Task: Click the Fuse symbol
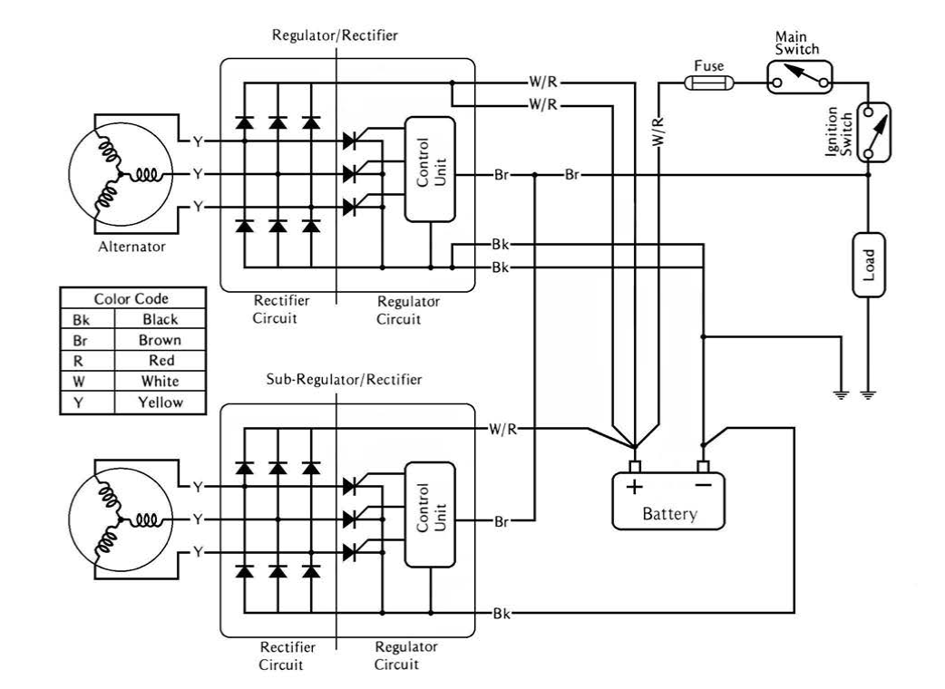[706, 83]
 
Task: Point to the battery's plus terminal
[635, 468]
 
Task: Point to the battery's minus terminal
[703, 468]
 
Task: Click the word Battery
[669, 514]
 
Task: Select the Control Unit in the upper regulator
[430, 169]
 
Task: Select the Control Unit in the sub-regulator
[430, 514]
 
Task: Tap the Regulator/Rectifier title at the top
[335, 35]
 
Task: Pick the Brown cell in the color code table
[160, 341]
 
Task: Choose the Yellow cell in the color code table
[160, 401]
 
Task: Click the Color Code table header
[132, 299]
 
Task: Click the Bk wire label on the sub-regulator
[500, 614]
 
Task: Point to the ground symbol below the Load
[869, 394]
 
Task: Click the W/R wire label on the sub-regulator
[502, 427]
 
